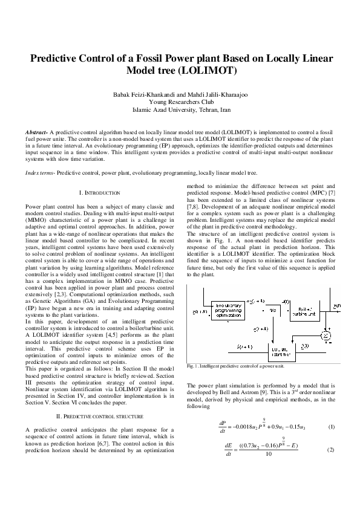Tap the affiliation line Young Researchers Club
point(180,103)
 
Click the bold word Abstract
point(36,131)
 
